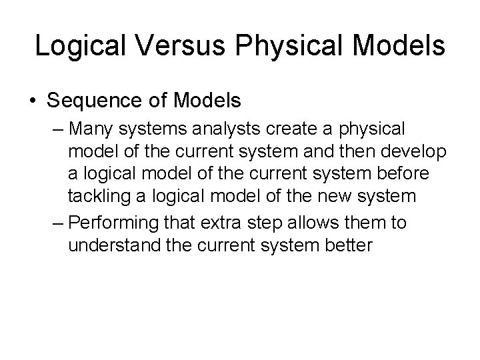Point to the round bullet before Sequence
click(x=33, y=101)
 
